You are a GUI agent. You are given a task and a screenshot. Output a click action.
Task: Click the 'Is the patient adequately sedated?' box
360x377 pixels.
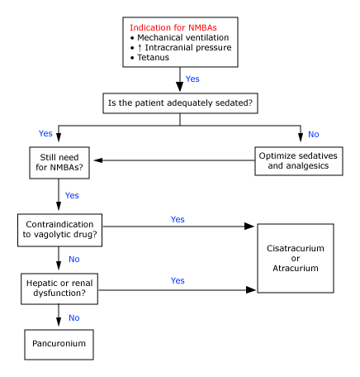[180, 104]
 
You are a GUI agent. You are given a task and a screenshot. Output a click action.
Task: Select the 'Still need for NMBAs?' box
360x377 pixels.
[59, 160]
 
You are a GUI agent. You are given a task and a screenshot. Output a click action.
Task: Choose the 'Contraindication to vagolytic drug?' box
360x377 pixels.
[59, 230]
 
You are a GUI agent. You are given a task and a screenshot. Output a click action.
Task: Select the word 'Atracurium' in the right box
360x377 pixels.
[295, 270]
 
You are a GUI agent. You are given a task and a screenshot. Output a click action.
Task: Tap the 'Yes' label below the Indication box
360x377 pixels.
[192, 79]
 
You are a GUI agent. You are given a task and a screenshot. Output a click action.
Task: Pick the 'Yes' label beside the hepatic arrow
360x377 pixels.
[178, 280]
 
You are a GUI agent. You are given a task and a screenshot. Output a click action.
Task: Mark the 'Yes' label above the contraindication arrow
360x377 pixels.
[178, 219]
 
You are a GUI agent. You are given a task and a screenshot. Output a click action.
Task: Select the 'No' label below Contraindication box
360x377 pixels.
[74, 259]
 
